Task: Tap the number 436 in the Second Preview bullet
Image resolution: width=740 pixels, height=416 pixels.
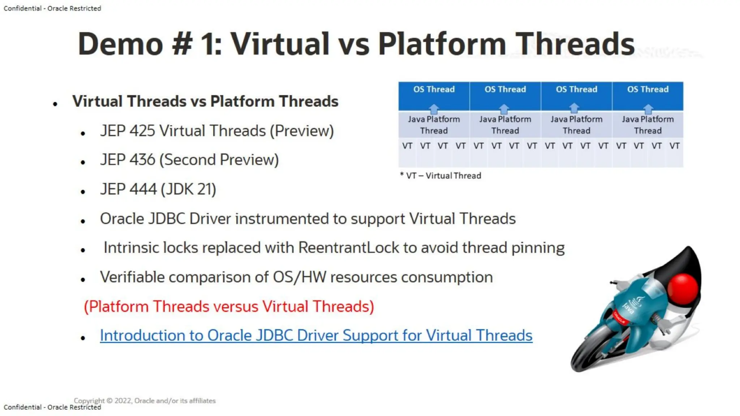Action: (x=142, y=160)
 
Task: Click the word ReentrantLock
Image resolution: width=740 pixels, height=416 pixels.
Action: (x=348, y=248)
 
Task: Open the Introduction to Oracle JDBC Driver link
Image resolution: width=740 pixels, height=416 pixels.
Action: (x=316, y=335)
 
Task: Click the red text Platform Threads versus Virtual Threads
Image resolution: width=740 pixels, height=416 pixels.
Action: (x=229, y=307)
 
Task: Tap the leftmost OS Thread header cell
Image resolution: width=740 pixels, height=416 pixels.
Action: (x=434, y=90)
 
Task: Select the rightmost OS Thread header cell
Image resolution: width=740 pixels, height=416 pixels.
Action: (x=647, y=90)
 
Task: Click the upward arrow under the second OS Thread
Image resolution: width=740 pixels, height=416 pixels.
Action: (x=504, y=109)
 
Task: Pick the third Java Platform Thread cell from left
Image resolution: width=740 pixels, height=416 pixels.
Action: (x=576, y=125)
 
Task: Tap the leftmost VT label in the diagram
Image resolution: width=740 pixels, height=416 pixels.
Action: (x=407, y=146)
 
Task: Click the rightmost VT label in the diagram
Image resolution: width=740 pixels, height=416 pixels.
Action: (x=674, y=146)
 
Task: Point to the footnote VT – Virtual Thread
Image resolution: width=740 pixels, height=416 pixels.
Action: (x=440, y=176)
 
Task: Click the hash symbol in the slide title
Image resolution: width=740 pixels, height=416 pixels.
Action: (x=182, y=44)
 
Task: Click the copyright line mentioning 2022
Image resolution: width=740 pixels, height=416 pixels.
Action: (x=145, y=400)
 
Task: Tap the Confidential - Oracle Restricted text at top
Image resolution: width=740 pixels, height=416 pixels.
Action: (x=52, y=8)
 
